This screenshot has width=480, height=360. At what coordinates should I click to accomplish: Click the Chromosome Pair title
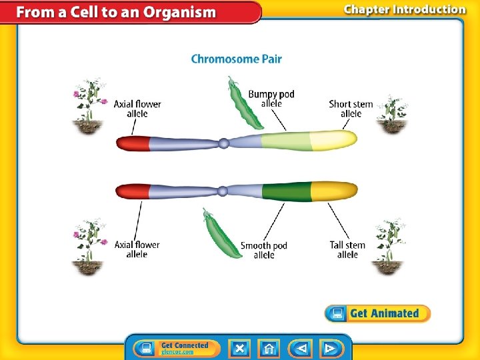tap(236, 59)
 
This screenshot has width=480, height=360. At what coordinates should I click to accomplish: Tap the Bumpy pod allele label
tap(271, 99)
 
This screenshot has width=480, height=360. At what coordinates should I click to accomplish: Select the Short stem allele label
tap(351, 109)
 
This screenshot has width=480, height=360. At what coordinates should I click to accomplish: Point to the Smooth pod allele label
tap(264, 250)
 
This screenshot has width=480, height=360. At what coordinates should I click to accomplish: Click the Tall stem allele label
tap(347, 249)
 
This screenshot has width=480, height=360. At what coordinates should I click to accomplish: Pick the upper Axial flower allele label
tap(137, 109)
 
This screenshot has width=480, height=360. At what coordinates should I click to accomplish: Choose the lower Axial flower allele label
tap(137, 249)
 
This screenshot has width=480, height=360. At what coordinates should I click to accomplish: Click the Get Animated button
tap(377, 313)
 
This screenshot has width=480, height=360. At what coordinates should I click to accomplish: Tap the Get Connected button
tap(176, 348)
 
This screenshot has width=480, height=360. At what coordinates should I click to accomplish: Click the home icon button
tap(269, 348)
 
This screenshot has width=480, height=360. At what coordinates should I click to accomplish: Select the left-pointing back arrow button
tap(301, 348)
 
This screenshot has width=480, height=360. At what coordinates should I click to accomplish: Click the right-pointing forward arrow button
tap(329, 348)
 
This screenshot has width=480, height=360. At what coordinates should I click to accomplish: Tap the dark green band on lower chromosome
tap(287, 191)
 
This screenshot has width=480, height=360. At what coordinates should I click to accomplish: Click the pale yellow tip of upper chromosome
tap(333, 141)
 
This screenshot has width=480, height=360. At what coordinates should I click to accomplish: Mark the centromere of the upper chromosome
tap(224, 142)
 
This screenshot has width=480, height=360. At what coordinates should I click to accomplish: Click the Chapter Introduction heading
tap(404, 9)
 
